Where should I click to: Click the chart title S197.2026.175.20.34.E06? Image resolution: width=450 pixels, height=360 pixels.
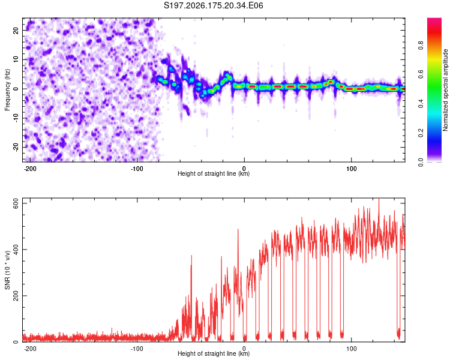213,5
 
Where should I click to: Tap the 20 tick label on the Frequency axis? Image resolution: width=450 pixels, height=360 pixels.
16,30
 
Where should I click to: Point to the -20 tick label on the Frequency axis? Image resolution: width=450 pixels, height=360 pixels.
16,148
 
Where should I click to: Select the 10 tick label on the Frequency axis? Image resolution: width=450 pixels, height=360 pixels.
16,59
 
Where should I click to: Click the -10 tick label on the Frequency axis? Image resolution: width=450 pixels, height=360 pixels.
16,118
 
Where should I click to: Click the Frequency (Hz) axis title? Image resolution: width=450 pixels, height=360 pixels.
7,90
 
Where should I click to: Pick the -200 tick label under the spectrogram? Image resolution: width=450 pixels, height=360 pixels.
29,169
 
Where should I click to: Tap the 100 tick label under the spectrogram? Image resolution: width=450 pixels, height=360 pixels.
351,169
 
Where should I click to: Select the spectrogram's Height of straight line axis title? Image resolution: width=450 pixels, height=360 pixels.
214,173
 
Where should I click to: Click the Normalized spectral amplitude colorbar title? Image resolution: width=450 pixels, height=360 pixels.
445,90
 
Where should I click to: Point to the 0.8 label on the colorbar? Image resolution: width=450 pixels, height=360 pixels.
421,46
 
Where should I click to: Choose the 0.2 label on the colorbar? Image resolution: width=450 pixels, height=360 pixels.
421,133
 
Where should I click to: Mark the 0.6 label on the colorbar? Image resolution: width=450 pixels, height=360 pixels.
421,74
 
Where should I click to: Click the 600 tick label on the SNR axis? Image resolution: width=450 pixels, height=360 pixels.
16,203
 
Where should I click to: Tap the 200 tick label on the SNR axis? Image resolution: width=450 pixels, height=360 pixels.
16,296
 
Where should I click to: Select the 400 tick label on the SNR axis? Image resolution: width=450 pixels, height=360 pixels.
16,250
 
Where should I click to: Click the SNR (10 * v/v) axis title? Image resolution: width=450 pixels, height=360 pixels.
7,270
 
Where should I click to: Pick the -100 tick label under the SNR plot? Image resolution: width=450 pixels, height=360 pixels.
137,349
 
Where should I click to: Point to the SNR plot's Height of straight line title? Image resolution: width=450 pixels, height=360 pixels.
214,353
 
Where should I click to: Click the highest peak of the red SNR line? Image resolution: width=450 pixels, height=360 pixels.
379,199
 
